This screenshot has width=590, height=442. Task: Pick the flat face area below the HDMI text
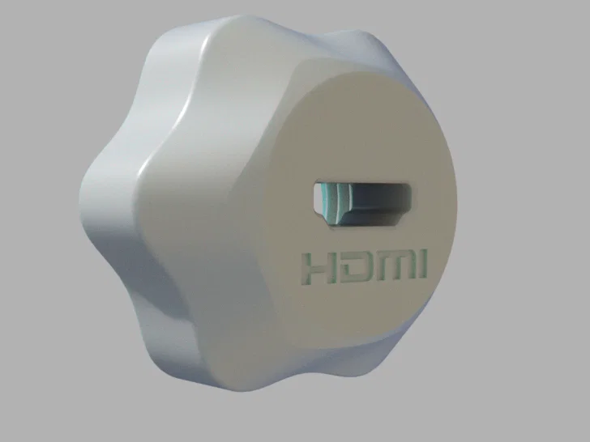[x=365, y=312]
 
